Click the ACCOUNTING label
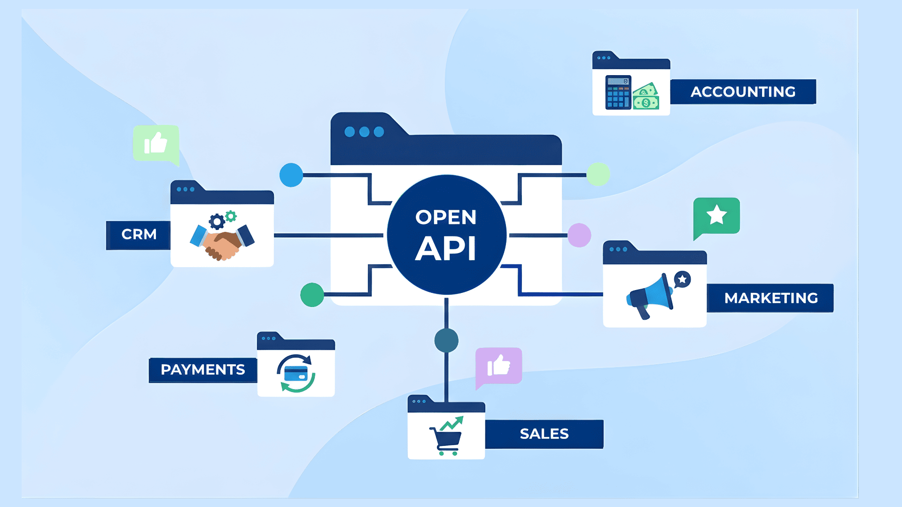(743, 92)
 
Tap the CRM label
(139, 234)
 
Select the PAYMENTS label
(202, 370)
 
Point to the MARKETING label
(770, 298)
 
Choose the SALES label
(544, 434)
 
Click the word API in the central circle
(446, 248)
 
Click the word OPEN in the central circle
(446, 217)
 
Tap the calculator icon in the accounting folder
(618, 92)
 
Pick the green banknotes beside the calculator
(646, 97)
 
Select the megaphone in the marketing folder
(651, 296)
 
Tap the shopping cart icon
(446, 439)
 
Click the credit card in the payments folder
(296, 374)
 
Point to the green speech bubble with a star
(716, 216)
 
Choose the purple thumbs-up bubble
(498, 366)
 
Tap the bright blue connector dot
(291, 175)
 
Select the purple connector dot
(579, 235)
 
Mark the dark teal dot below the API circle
(446, 340)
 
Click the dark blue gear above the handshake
(217, 221)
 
